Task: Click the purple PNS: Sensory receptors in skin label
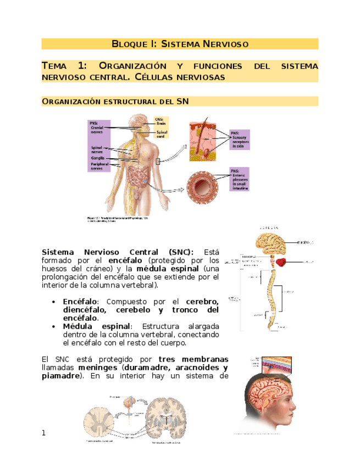(240, 140)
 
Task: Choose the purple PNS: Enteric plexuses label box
(240, 179)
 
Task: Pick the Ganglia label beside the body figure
(98, 158)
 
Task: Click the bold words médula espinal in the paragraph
(165, 269)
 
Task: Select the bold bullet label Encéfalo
(80, 302)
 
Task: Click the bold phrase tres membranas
(196, 359)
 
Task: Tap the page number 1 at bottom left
(45, 434)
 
